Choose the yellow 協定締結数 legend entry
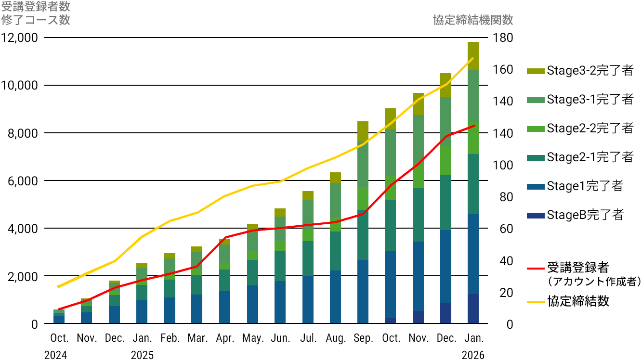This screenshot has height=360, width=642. point(569,302)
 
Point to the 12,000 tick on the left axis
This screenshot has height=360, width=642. point(21,38)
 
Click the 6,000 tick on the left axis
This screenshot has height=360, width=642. point(21,181)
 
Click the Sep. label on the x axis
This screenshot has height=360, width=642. point(364,338)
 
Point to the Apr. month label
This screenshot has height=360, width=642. point(225,338)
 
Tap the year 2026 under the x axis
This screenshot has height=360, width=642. point(473,355)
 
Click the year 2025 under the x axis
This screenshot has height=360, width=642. point(142,355)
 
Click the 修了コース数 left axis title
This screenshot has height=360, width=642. point(36,20)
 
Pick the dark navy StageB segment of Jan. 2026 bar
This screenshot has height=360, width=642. point(473,309)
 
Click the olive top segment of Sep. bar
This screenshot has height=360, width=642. point(363,131)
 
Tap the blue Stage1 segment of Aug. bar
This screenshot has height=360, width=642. point(336,297)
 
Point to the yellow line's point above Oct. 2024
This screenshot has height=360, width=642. point(59,286)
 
